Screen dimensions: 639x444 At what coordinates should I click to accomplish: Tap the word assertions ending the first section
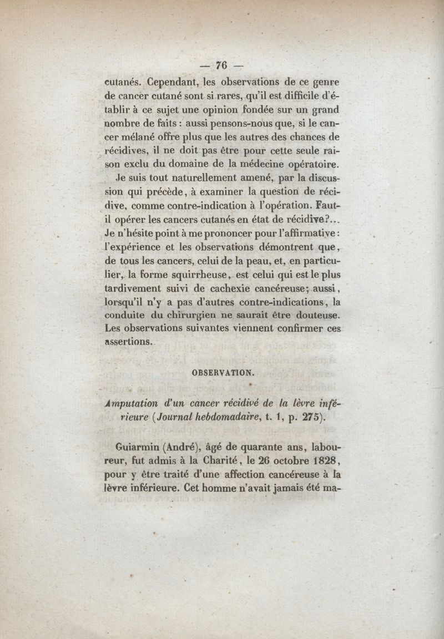click(128, 342)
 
